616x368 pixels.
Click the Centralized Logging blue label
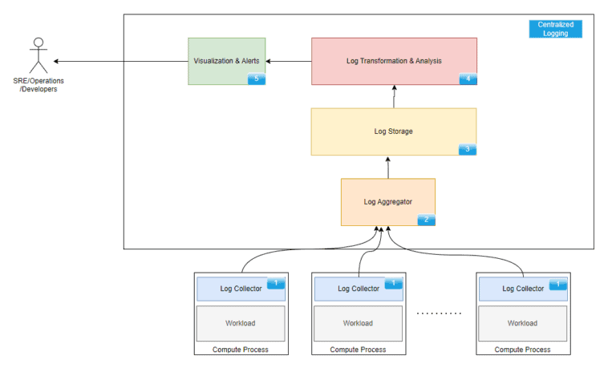coord(555,29)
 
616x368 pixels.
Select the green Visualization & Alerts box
coord(226,61)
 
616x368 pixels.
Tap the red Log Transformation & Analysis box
coord(394,61)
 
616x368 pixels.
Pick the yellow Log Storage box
coord(393,131)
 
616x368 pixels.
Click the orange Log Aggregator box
coord(387,202)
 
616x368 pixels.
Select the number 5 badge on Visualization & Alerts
coord(256,79)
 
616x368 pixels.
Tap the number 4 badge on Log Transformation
coord(468,79)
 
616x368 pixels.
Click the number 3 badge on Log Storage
coord(468,149)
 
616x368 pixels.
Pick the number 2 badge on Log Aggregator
coord(426,220)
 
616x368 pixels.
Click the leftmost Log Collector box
coord(241,289)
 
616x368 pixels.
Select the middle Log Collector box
coord(358,289)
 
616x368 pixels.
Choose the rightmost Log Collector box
coord(522,289)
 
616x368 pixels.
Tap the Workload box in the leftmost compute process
coord(241,323)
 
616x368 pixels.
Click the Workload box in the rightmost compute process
coord(522,323)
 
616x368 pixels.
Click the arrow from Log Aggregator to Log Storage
coord(387,167)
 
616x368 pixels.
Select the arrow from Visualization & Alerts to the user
coord(120,61)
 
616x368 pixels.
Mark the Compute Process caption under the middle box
coord(358,350)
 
